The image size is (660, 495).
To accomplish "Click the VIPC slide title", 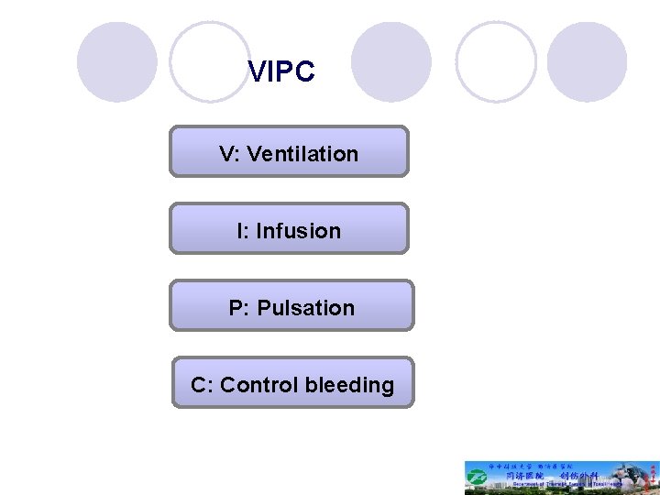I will click(x=281, y=72).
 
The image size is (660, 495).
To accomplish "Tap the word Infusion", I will click(x=298, y=231).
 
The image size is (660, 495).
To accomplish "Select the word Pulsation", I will click(x=305, y=308).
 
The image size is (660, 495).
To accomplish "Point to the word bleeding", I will click(x=349, y=385).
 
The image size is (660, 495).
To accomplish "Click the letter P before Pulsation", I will click(x=237, y=308).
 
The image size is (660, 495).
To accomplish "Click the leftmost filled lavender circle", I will click(x=117, y=61).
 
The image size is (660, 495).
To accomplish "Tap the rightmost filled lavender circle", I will click(x=587, y=61).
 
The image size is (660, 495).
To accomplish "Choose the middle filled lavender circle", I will click(x=391, y=61).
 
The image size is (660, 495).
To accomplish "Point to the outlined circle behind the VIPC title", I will click(x=210, y=61).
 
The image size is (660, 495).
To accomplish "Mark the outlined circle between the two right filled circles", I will click(x=496, y=61).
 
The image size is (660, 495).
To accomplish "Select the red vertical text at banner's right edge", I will click(x=653, y=478).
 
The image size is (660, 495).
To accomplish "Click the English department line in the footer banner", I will click(x=550, y=487).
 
